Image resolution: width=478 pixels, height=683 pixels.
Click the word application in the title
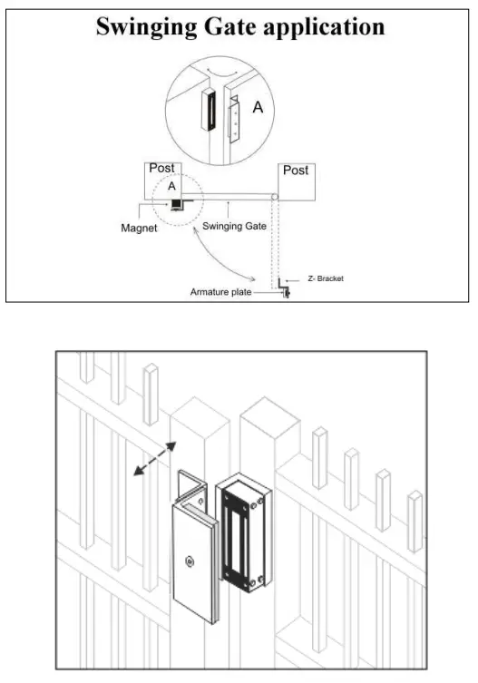tap(326, 28)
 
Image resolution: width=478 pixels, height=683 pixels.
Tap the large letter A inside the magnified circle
tap(258, 107)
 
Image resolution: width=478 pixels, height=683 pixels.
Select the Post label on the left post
tap(161, 169)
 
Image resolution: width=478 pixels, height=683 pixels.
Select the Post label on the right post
tap(296, 170)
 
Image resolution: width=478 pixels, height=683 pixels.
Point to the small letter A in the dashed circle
tap(171, 185)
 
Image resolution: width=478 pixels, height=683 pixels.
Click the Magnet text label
tap(140, 229)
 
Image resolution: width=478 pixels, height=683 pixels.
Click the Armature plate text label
tap(221, 292)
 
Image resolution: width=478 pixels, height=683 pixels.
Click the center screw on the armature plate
tap(188, 561)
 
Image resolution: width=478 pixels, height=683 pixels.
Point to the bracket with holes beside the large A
tap(235, 121)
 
